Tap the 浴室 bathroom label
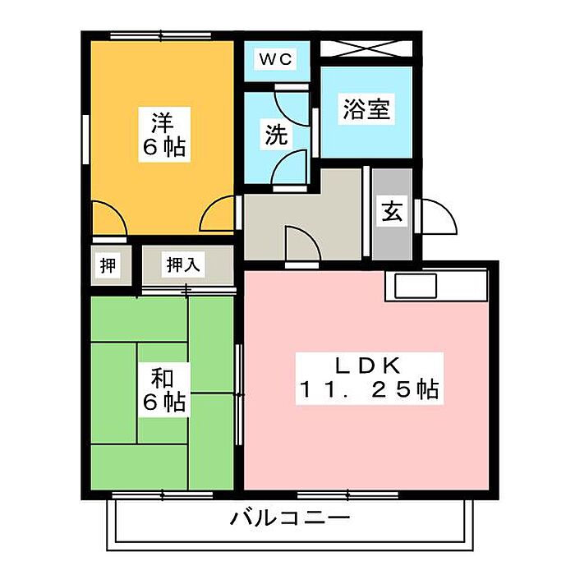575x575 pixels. click(366, 109)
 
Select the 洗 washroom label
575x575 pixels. click(275, 135)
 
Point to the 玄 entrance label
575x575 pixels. click(391, 212)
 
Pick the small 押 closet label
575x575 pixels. click(108, 265)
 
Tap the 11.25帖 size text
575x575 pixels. click(368, 389)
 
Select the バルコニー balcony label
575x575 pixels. click(290, 518)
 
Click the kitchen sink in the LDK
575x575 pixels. click(416, 286)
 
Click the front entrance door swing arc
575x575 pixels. click(439, 217)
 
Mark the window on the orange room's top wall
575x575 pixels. click(161, 35)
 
